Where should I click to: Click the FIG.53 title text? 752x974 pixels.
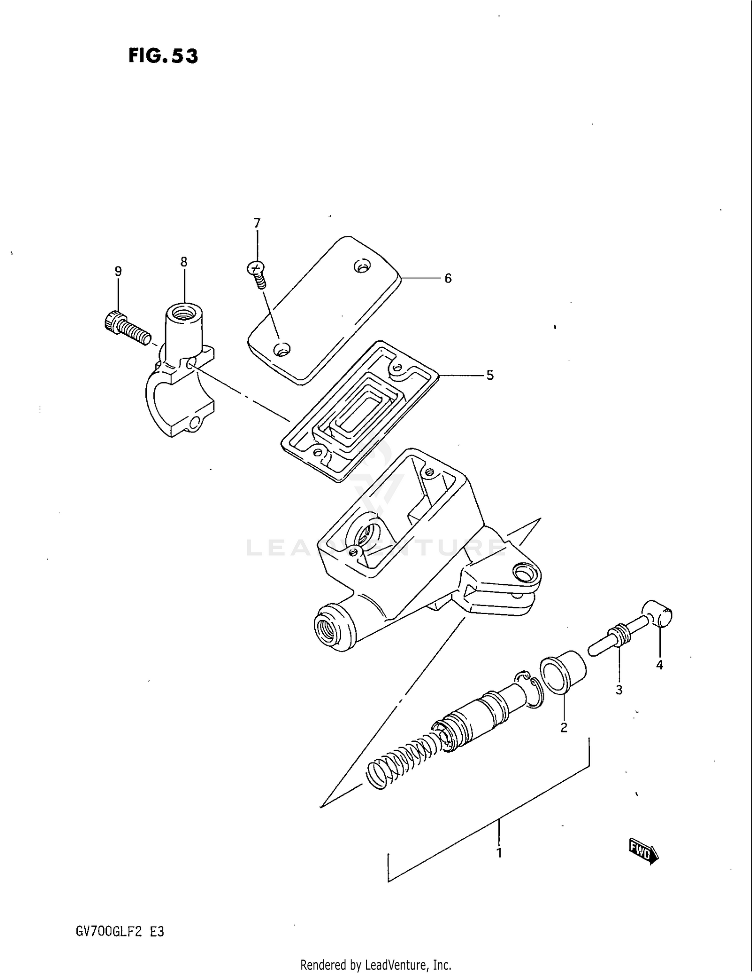(163, 56)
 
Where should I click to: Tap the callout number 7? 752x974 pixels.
(257, 223)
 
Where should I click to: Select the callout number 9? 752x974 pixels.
(118, 271)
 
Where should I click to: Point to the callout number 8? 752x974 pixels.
(184, 262)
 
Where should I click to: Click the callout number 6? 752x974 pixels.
(448, 278)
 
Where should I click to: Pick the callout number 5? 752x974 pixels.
(490, 375)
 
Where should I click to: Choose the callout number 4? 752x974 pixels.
(660, 665)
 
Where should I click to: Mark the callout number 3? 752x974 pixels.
(619, 690)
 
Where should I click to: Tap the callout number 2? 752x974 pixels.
(564, 728)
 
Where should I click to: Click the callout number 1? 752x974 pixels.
(499, 853)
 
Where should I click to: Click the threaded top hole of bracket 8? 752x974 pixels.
(184, 315)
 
